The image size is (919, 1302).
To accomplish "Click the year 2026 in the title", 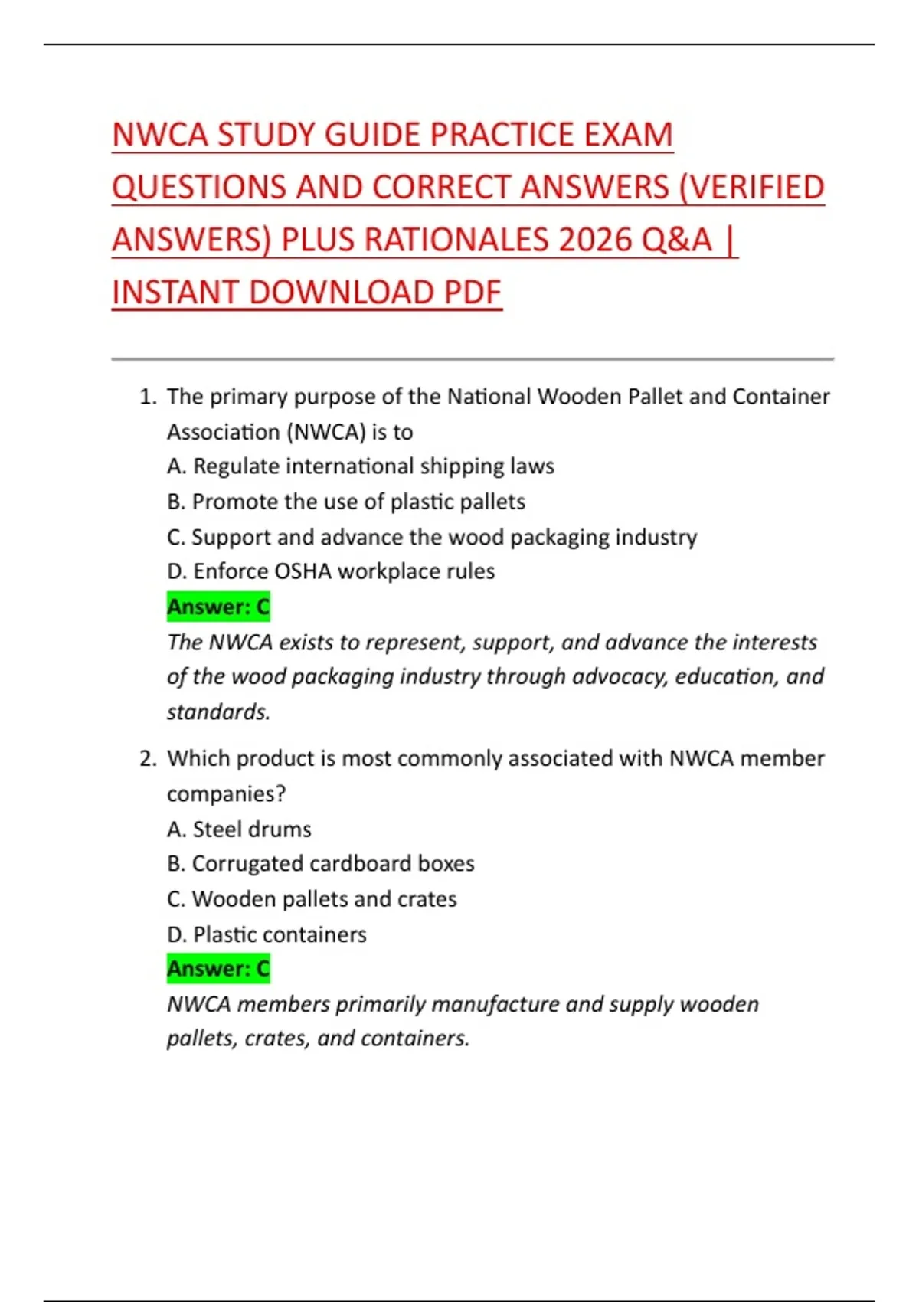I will coord(595,240).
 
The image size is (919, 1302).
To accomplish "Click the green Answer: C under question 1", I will coord(218,607).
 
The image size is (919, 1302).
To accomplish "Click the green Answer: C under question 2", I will coord(218,969).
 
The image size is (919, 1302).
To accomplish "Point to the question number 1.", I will coord(148,397).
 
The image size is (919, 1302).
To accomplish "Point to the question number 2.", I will coord(148,758).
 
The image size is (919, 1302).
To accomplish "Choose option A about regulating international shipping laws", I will coord(361,466).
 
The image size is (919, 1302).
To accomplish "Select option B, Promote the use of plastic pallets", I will coord(346,502).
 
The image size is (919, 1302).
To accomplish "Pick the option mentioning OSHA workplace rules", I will coord(331,571).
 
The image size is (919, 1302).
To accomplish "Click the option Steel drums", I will coord(239,829).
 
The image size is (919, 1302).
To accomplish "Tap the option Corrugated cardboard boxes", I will coord(321,864).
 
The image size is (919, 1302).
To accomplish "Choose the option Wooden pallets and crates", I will coord(312,899).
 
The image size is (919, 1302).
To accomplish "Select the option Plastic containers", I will coord(267,934).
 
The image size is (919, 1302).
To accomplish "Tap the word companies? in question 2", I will coord(226,794).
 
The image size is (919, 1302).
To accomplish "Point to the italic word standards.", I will coord(218,712).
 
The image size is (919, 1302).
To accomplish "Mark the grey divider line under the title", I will coord(473,358).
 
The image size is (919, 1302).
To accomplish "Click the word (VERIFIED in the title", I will coord(751,188).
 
